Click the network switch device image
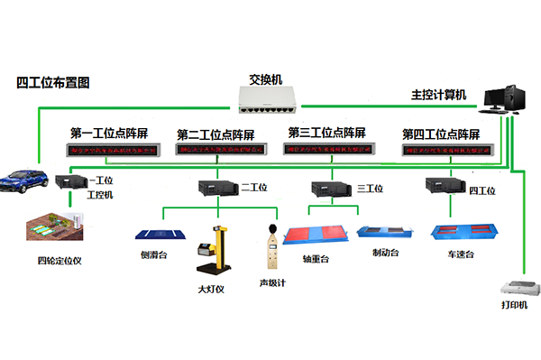(x=270, y=97)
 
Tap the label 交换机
(x=266, y=78)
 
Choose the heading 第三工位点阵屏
(x=326, y=133)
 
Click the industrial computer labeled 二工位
(x=218, y=188)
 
